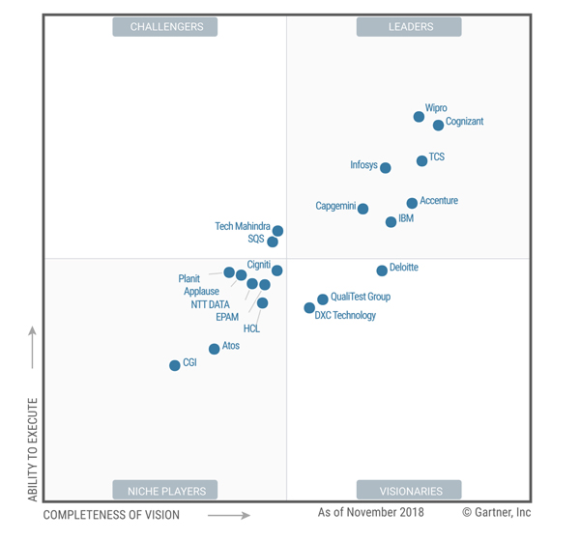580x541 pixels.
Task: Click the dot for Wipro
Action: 419,117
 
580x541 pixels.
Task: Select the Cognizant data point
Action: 439,125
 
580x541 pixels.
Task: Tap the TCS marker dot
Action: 421,161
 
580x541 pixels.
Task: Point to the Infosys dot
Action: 386,168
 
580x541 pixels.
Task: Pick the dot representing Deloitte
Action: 382,270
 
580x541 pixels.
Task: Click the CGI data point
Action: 175,365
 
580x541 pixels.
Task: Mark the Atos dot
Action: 215,349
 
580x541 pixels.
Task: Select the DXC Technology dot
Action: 309,308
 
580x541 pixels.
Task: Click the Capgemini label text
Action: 335,206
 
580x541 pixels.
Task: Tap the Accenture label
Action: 439,201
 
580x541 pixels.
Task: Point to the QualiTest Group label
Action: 360,297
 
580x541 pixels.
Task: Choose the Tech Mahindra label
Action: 243,226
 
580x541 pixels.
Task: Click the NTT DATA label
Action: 210,304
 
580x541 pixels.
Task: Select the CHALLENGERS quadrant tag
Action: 165,27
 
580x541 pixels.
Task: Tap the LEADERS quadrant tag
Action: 409,27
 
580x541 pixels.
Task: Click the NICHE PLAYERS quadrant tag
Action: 165,490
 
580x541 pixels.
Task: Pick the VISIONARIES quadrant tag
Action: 409,490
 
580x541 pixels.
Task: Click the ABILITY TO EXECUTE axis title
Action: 33,449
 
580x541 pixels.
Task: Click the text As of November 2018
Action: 370,512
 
